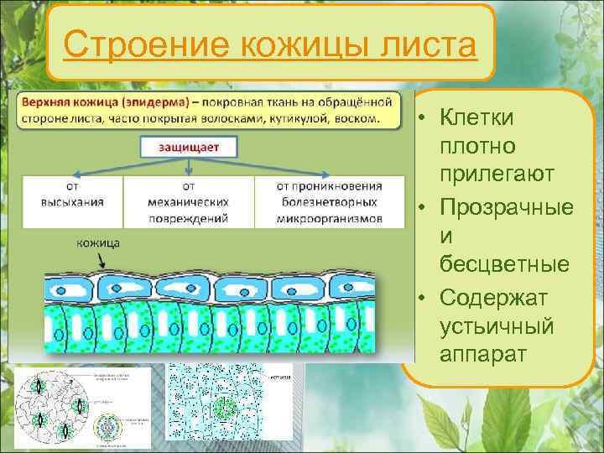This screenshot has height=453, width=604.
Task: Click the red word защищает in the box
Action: pyautogui.click(x=190, y=146)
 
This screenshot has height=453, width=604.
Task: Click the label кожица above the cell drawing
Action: pyautogui.click(x=98, y=242)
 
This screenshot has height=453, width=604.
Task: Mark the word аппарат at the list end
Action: pyautogui.click(x=483, y=355)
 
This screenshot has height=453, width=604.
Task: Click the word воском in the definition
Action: pyautogui.click(x=358, y=117)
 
